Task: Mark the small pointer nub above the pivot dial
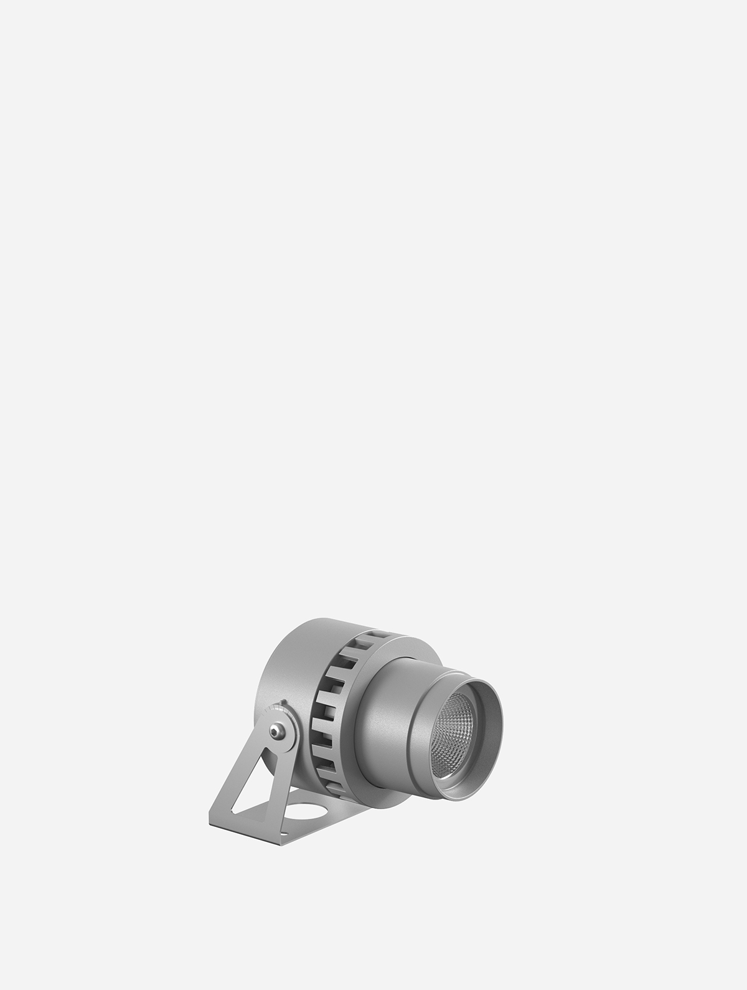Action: [x=285, y=704]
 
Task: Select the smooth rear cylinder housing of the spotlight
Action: [x=286, y=660]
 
